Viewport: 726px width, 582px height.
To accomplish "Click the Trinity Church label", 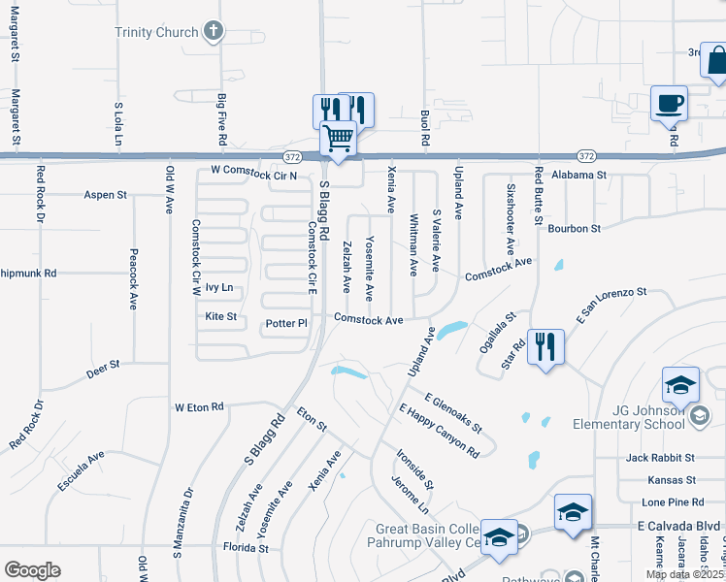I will [x=155, y=32].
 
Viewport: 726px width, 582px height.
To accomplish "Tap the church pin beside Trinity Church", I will [x=214, y=32].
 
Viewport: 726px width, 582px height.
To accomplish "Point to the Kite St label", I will [x=221, y=316].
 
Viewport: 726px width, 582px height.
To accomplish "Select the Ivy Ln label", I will [x=219, y=287].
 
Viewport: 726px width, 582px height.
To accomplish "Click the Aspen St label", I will [x=106, y=195].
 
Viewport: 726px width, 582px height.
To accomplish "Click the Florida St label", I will [x=247, y=548].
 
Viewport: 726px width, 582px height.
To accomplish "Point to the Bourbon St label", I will [x=575, y=229].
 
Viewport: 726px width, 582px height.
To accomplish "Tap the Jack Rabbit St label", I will [x=660, y=457].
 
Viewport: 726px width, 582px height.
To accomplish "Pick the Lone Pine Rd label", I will [x=673, y=502].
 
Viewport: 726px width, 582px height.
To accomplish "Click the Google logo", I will [x=32, y=570].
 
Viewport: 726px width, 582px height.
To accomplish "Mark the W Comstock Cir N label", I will [x=253, y=171].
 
